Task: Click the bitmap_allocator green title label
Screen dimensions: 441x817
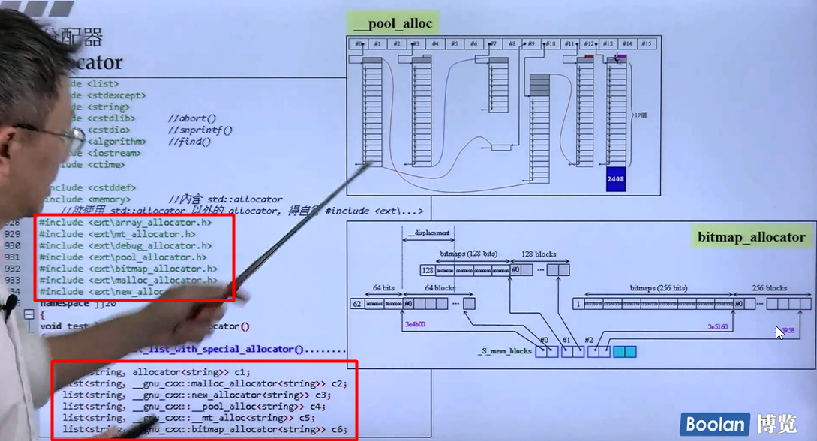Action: pos(752,237)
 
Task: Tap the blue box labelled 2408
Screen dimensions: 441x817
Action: pos(615,179)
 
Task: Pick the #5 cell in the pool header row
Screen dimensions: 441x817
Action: pos(455,44)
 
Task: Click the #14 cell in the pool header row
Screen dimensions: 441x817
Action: pos(627,44)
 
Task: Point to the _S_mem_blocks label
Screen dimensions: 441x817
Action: pos(505,351)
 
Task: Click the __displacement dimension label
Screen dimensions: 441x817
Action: pos(428,233)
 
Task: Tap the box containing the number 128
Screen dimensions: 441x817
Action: pos(428,269)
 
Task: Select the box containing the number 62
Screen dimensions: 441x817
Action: pos(358,304)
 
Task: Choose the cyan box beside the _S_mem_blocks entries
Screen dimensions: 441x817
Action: pos(624,351)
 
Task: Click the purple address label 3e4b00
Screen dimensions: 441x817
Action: pos(415,325)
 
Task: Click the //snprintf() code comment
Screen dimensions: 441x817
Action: pos(200,130)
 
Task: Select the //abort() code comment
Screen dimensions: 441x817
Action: pos(191,118)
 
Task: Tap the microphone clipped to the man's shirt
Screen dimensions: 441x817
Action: pos(10,304)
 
